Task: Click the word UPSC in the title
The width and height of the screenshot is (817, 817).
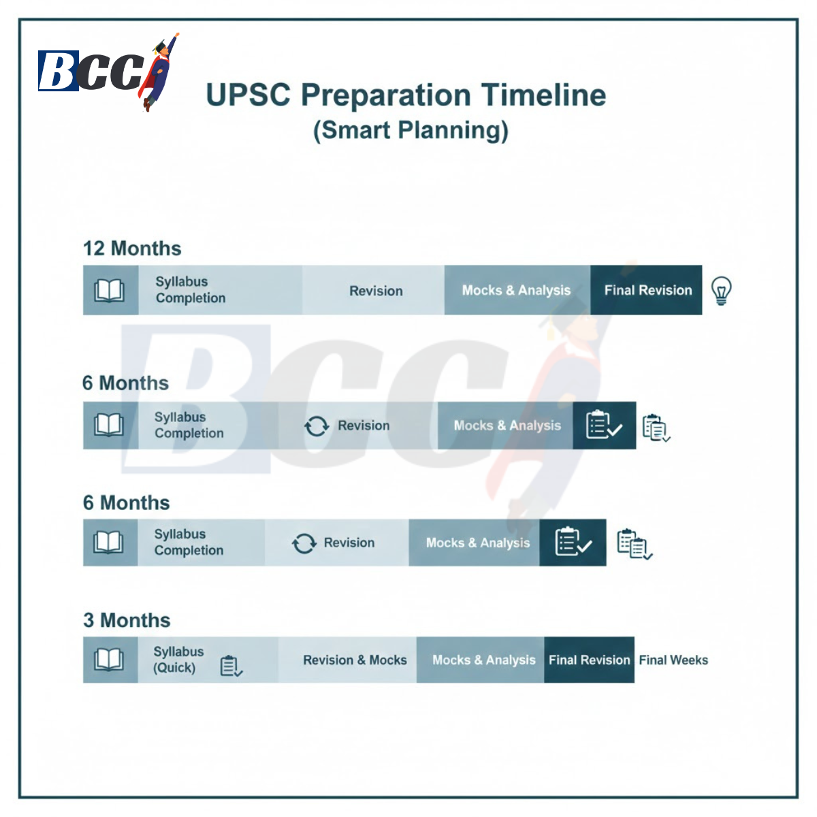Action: tap(248, 95)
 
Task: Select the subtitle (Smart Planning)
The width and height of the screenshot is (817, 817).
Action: tap(411, 130)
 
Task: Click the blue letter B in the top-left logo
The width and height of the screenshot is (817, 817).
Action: tap(58, 71)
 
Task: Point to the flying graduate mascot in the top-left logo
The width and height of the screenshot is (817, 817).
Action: tap(161, 71)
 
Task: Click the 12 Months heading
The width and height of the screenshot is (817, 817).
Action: tap(132, 249)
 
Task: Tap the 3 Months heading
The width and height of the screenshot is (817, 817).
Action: tap(127, 620)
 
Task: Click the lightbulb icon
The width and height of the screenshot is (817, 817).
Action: tap(721, 291)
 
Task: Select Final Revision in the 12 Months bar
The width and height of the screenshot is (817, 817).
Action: tap(647, 290)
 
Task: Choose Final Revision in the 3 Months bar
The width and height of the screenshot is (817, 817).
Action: tap(589, 660)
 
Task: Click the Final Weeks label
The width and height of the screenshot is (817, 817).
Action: tap(673, 660)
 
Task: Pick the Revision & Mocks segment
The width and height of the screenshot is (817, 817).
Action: tap(355, 660)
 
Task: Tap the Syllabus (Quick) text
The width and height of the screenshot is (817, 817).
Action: tap(178, 660)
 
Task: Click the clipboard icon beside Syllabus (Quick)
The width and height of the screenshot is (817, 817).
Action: tap(231, 666)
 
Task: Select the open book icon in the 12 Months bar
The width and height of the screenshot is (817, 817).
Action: tap(109, 291)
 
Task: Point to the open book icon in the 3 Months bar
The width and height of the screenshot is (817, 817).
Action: tap(109, 660)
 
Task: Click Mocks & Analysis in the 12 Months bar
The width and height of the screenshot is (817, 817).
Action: tap(516, 290)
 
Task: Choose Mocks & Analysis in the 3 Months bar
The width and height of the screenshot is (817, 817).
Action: tap(483, 660)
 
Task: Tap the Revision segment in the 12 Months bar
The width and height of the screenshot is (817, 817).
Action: tap(376, 291)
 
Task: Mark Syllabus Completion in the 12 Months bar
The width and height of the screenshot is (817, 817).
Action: tap(190, 290)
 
